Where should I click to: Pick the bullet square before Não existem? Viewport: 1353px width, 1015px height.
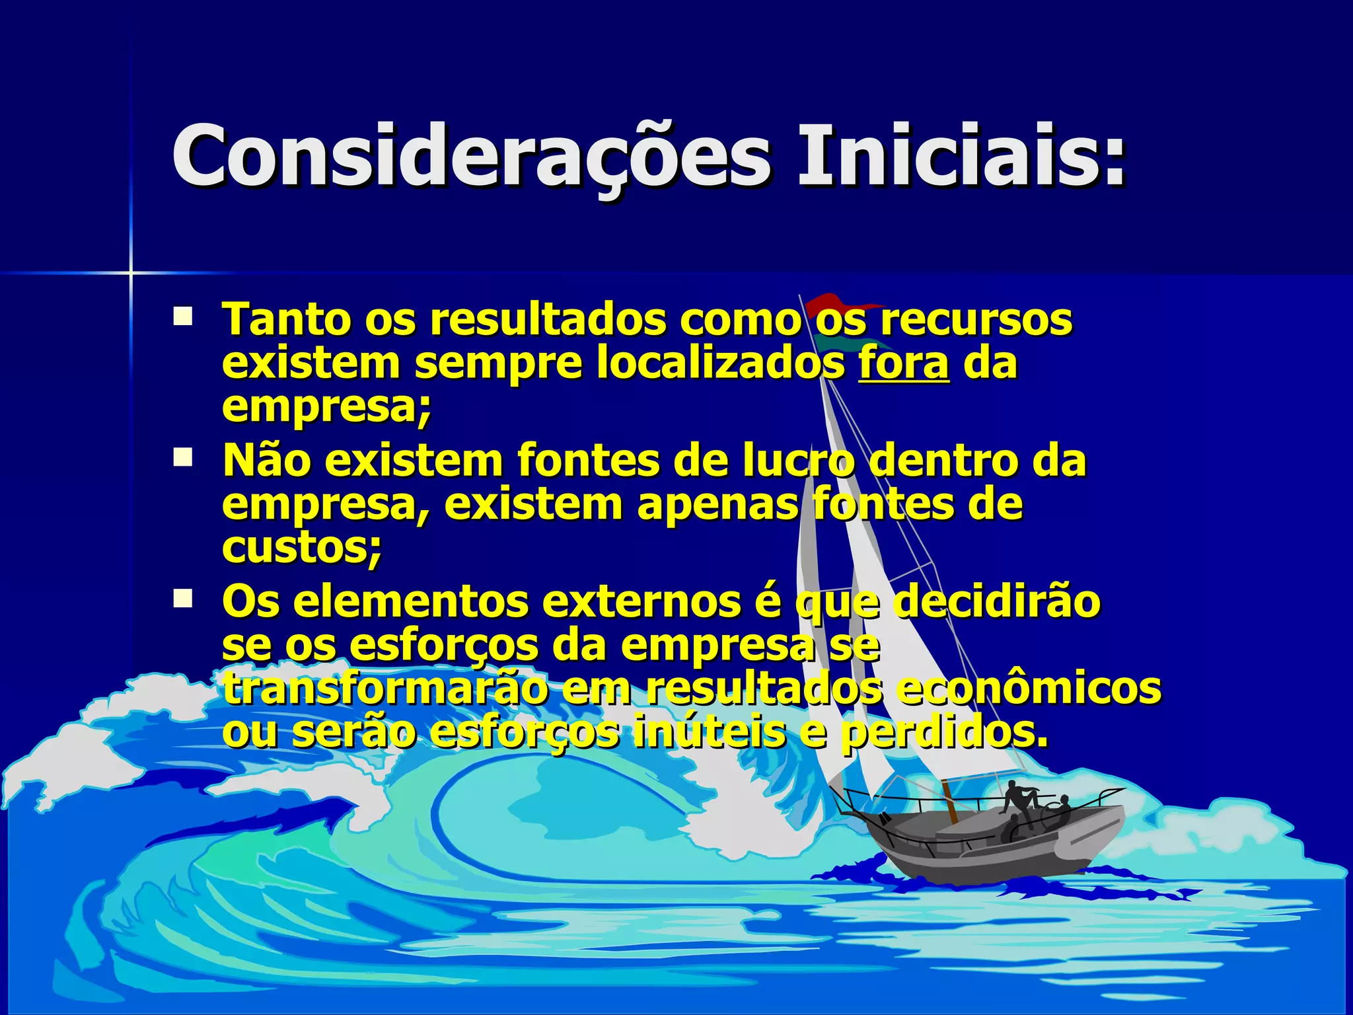[182, 457]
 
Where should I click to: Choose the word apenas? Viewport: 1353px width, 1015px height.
[717, 504]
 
